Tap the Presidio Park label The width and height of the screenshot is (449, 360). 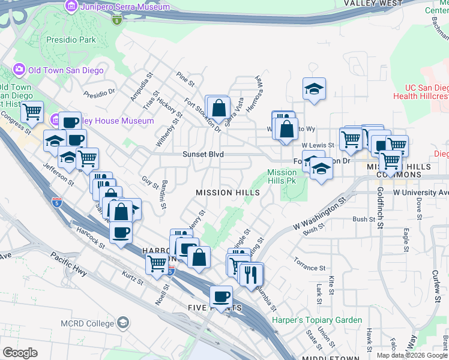(x=70, y=40)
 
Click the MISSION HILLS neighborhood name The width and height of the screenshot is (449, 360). (x=228, y=193)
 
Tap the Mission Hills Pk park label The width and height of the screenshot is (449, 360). (x=282, y=176)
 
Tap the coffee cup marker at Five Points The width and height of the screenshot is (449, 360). (x=221, y=296)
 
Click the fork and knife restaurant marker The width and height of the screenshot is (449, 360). (x=250, y=274)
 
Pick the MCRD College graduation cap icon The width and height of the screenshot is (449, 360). (x=123, y=323)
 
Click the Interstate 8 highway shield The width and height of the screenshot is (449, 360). (x=117, y=20)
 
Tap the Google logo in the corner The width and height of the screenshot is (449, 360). (x=20, y=352)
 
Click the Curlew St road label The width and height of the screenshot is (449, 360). (x=436, y=281)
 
